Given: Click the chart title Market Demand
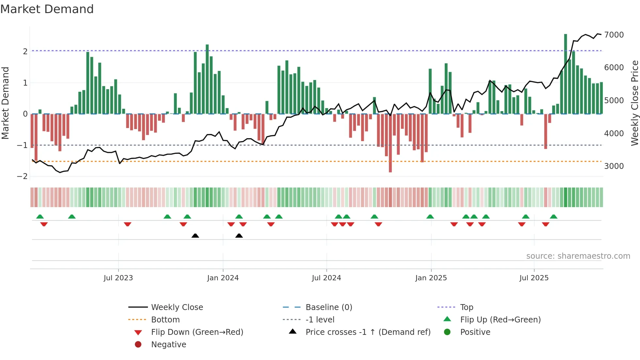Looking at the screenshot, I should (x=47, y=9).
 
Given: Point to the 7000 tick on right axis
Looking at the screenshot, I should (x=614, y=35).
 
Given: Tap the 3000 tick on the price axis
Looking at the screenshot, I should (x=614, y=166).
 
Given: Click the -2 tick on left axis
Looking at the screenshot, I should (x=23, y=176).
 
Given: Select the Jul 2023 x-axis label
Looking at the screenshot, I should (x=118, y=278).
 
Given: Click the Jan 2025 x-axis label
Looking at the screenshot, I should (x=431, y=278).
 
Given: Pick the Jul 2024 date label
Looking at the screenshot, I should (x=327, y=278).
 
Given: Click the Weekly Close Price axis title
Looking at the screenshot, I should (x=634, y=103).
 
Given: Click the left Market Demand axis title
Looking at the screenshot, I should (x=5, y=103).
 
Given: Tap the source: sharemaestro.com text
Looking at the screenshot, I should (x=578, y=256).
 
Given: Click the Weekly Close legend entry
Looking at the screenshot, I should (x=177, y=307).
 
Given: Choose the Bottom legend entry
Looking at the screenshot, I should (x=165, y=319).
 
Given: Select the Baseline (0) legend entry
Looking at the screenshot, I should (x=329, y=307).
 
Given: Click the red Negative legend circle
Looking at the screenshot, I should (x=138, y=344).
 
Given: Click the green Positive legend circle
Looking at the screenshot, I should (x=447, y=332).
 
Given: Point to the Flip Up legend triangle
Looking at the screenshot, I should (x=447, y=319).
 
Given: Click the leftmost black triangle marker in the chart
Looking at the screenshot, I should (x=195, y=236).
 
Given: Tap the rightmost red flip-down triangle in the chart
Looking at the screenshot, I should (x=546, y=224).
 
